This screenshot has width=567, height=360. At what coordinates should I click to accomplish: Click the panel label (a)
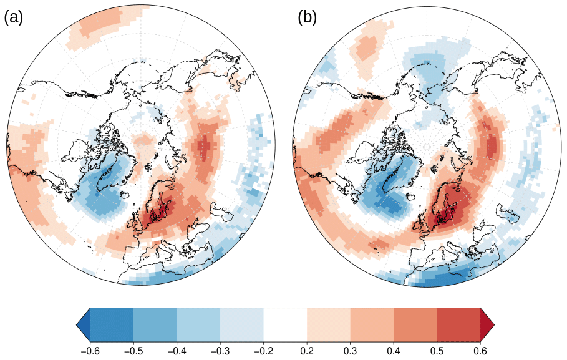[13, 17]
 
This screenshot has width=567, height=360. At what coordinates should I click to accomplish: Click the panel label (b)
[307, 17]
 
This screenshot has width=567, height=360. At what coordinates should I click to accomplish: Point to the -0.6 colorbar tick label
[90, 351]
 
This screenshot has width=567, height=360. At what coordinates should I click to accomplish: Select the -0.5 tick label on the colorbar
[133, 351]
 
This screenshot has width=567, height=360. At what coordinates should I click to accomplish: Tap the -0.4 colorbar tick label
[177, 351]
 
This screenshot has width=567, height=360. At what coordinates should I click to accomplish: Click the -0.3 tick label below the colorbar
[220, 351]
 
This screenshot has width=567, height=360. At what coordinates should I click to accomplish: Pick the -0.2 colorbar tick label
[263, 351]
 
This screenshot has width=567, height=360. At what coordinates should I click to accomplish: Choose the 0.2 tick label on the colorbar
[307, 351]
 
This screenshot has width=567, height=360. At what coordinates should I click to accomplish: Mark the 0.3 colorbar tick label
[350, 351]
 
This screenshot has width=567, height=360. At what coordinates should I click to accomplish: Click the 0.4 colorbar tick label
[394, 351]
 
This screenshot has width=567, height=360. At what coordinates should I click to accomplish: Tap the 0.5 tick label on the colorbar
[437, 351]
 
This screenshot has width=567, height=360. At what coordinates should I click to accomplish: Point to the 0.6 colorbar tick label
[480, 351]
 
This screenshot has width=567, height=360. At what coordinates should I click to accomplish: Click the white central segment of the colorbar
[285, 324]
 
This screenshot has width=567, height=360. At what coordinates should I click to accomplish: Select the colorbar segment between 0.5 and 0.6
[458, 324]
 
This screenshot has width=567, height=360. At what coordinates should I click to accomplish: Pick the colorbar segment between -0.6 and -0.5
[112, 324]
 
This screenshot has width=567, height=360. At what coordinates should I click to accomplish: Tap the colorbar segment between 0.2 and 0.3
[329, 324]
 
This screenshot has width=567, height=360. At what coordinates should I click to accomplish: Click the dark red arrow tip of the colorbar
[487, 324]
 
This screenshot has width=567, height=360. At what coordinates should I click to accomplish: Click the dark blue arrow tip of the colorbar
[84, 324]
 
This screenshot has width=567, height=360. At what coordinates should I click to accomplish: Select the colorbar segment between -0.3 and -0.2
[242, 324]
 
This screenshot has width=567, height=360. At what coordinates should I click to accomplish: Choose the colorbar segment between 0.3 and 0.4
[372, 324]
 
